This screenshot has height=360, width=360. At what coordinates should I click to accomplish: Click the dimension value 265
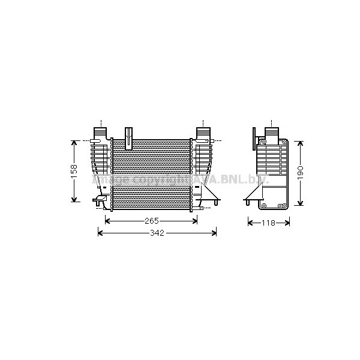[151, 221]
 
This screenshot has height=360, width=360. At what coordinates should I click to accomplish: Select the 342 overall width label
[157, 232]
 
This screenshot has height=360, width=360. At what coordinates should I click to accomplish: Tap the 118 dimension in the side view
[268, 223]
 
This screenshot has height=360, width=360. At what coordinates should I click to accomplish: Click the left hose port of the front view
[100, 131]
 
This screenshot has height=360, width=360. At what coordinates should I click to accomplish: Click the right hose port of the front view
[203, 131]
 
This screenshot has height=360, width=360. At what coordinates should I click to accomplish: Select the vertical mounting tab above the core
[128, 138]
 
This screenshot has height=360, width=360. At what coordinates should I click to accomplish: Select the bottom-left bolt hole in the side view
[263, 206]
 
